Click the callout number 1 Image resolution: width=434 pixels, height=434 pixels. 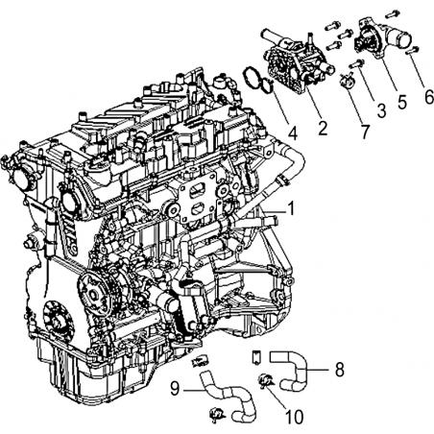[291, 208]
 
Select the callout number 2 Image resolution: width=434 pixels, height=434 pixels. [323, 128]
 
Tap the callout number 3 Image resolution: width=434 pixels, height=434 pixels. [381, 110]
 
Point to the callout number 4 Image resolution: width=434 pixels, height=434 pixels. [292, 133]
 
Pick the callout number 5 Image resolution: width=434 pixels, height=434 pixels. [401, 102]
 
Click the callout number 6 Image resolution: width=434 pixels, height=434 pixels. [429, 97]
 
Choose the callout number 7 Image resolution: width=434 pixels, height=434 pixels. [365, 132]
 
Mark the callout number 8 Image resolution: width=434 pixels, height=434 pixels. [339, 370]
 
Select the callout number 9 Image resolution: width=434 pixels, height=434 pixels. [175, 389]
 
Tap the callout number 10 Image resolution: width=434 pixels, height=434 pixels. [294, 417]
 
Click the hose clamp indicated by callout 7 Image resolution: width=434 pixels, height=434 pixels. [348, 81]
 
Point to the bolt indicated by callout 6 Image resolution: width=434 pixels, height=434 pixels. [411, 50]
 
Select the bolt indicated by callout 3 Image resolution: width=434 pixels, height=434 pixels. [357, 63]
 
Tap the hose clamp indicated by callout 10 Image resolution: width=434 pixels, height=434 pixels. [266, 380]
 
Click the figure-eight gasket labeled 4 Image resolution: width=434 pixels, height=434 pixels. [258, 80]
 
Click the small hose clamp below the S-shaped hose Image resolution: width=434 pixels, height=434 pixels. [217, 415]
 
